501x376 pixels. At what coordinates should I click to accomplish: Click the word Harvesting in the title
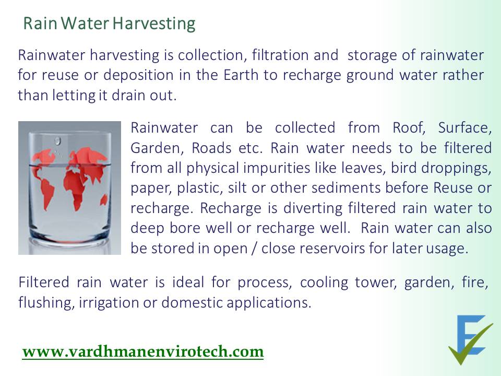(154, 24)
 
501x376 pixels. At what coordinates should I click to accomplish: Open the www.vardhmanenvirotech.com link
(143, 351)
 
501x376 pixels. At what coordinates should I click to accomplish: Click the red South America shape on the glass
(47, 192)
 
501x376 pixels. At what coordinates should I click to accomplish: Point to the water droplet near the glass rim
(57, 140)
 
